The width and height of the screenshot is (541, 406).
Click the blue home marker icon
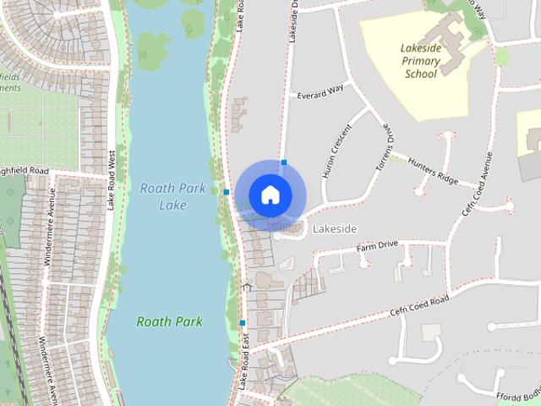pos(270,195)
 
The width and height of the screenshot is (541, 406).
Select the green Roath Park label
pos(169,321)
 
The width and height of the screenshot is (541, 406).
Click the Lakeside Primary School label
pos(420,61)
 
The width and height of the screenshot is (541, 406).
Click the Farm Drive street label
pos(377,245)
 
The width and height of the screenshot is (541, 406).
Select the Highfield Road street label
pos(25,172)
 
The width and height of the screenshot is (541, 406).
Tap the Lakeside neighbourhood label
pos(335,229)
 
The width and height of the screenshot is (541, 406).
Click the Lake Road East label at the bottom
pos(243,360)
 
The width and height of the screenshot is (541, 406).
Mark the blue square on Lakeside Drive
pos(285,162)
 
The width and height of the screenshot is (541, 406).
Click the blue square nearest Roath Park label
pos(243,322)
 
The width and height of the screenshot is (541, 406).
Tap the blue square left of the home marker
pos(227,192)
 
